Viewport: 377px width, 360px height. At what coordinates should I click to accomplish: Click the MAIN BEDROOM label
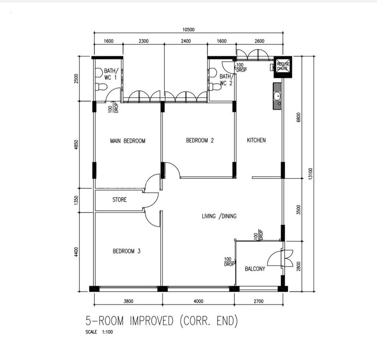pyautogui.click(x=128, y=141)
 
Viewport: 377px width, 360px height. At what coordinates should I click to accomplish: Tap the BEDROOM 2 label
pyautogui.click(x=200, y=140)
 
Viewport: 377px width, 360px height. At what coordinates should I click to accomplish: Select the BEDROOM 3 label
pyautogui.click(x=127, y=251)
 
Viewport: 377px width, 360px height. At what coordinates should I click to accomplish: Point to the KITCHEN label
pyautogui.click(x=256, y=140)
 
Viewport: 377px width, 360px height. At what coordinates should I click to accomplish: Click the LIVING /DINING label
pyautogui.click(x=219, y=216)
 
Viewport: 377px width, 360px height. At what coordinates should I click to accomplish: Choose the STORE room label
pyautogui.click(x=119, y=200)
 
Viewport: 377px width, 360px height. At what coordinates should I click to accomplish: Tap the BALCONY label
pyautogui.click(x=255, y=269)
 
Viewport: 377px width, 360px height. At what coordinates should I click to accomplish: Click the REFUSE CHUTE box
pyautogui.click(x=283, y=67)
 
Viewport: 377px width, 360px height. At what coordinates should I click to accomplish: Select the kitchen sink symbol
pyautogui.click(x=277, y=96)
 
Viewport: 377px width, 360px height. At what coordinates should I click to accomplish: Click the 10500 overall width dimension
pyautogui.click(x=188, y=30)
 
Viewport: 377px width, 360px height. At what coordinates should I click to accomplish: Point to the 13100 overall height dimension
pyautogui.click(x=310, y=173)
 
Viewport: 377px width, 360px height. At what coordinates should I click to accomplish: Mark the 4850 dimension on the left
pyautogui.click(x=76, y=145)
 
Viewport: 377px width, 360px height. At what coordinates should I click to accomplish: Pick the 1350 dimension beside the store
pyautogui.click(x=76, y=201)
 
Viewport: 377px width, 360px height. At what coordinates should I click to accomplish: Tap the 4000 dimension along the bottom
pyautogui.click(x=199, y=301)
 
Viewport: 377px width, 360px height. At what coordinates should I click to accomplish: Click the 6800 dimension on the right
pyautogui.click(x=298, y=117)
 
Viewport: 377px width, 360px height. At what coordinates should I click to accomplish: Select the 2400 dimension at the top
pyautogui.click(x=186, y=41)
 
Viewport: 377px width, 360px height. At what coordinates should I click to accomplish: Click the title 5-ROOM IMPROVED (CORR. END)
pyautogui.click(x=162, y=321)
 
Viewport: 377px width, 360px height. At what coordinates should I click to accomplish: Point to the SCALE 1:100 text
pyautogui.click(x=99, y=332)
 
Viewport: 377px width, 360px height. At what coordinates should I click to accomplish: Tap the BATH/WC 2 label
pyautogui.click(x=226, y=80)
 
